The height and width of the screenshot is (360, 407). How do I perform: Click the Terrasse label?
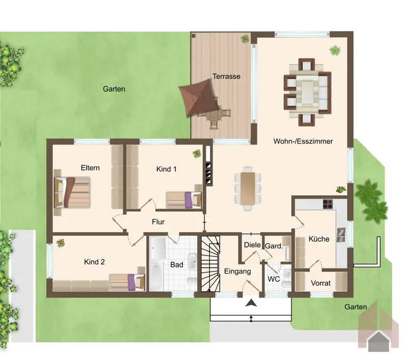click(226, 76)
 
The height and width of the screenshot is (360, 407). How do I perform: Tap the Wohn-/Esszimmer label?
click(303, 141)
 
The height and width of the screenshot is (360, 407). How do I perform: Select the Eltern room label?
click(90, 167)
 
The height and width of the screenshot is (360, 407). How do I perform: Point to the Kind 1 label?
click(166, 169)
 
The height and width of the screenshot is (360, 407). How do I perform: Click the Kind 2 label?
click(94, 262)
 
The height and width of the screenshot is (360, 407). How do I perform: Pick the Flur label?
click(158, 222)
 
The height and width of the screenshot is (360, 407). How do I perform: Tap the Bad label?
click(177, 265)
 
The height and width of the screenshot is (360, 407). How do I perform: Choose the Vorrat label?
click(321, 283)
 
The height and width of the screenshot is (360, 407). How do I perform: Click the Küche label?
click(319, 239)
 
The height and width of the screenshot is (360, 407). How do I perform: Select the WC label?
click(274, 279)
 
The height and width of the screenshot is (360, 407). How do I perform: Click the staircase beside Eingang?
click(211, 263)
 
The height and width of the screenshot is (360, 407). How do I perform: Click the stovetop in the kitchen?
click(328, 204)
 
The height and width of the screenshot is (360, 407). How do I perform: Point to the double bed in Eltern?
click(72, 193)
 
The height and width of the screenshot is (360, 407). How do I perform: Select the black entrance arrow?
click(251, 303)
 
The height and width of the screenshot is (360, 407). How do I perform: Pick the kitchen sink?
click(341, 235)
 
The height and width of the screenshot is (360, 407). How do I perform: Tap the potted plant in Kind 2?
click(60, 243)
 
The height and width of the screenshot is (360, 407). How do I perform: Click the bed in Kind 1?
click(184, 200)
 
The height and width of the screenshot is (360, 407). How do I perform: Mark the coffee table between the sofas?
click(307, 92)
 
